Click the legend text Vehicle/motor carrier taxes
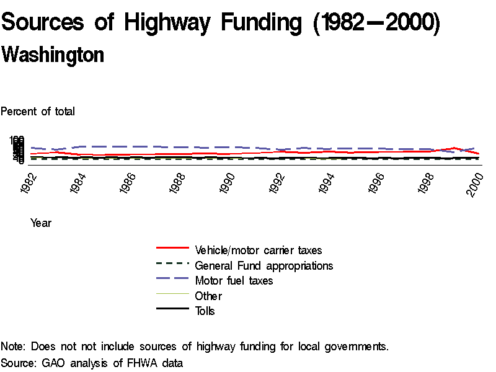[x=259, y=250]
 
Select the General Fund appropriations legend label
[x=264, y=265]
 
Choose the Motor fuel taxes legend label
[x=234, y=281]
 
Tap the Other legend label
[x=208, y=296]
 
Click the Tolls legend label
[x=205, y=311]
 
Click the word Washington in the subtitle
[x=53, y=55]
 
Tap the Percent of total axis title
[x=38, y=112]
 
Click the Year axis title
[x=41, y=223]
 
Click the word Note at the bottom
[x=13, y=347]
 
